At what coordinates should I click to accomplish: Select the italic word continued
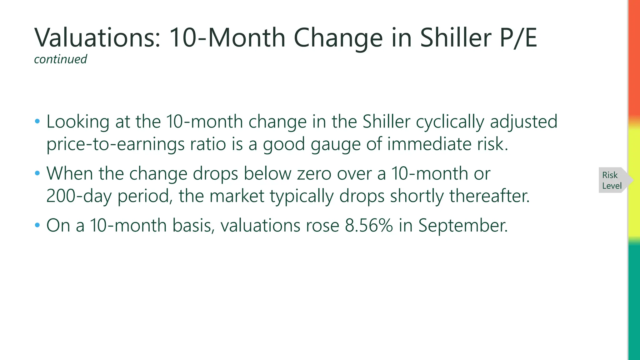point(60,59)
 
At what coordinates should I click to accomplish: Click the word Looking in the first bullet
point(78,122)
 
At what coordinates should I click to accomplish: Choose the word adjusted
point(524,122)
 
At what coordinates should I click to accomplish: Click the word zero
point(314,173)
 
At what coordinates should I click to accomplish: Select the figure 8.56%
point(369,225)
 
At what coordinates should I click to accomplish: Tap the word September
point(463,225)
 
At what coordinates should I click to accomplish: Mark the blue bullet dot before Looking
point(37,121)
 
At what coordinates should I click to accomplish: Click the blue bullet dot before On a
point(37,225)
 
